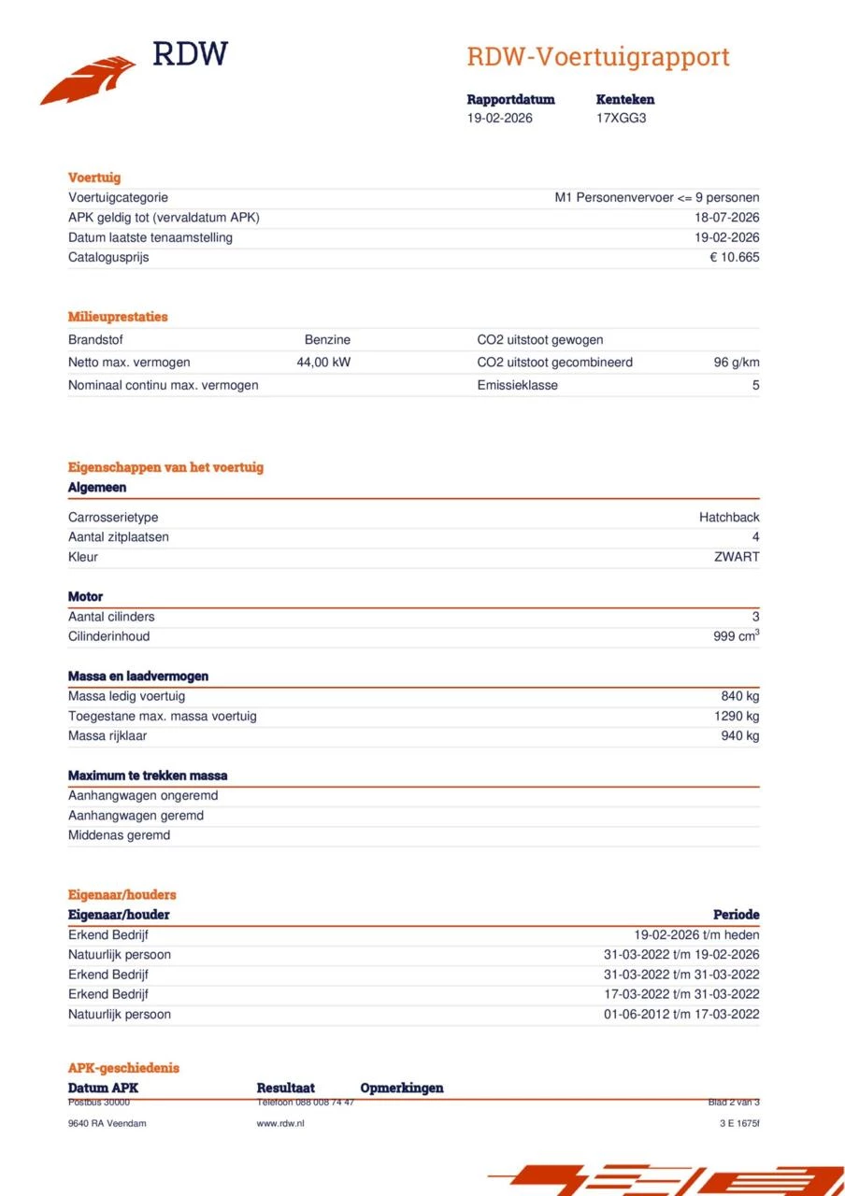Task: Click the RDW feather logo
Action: pyautogui.click(x=89, y=80)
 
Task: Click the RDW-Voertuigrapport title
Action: pyautogui.click(x=597, y=57)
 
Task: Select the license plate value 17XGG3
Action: pyautogui.click(x=621, y=119)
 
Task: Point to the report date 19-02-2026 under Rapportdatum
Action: pyautogui.click(x=500, y=119)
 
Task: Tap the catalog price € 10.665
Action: pyautogui.click(x=734, y=257)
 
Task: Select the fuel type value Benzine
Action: pyautogui.click(x=327, y=340)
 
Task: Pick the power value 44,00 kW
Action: pyautogui.click(x=323, y=363)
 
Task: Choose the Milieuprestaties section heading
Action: pyautogui.click(x=118, y=317)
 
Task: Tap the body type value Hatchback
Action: pyautogui.click(x=729, y=518)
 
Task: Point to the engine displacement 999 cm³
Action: pyautogui.click(x=736, y=636)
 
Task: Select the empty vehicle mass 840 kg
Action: pyautogui.click(x=740, y=696)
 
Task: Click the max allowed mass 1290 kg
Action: pyautogui.click(x=737, y=716)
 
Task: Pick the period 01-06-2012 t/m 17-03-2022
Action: pyautogui.click(x=681, y=1015)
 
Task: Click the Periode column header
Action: pyautogui.click(x=736, y=915)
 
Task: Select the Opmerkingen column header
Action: pyautogui.click(x=402, y=1088)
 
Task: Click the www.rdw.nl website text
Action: pyautogui.click(x=280, y=1123)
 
